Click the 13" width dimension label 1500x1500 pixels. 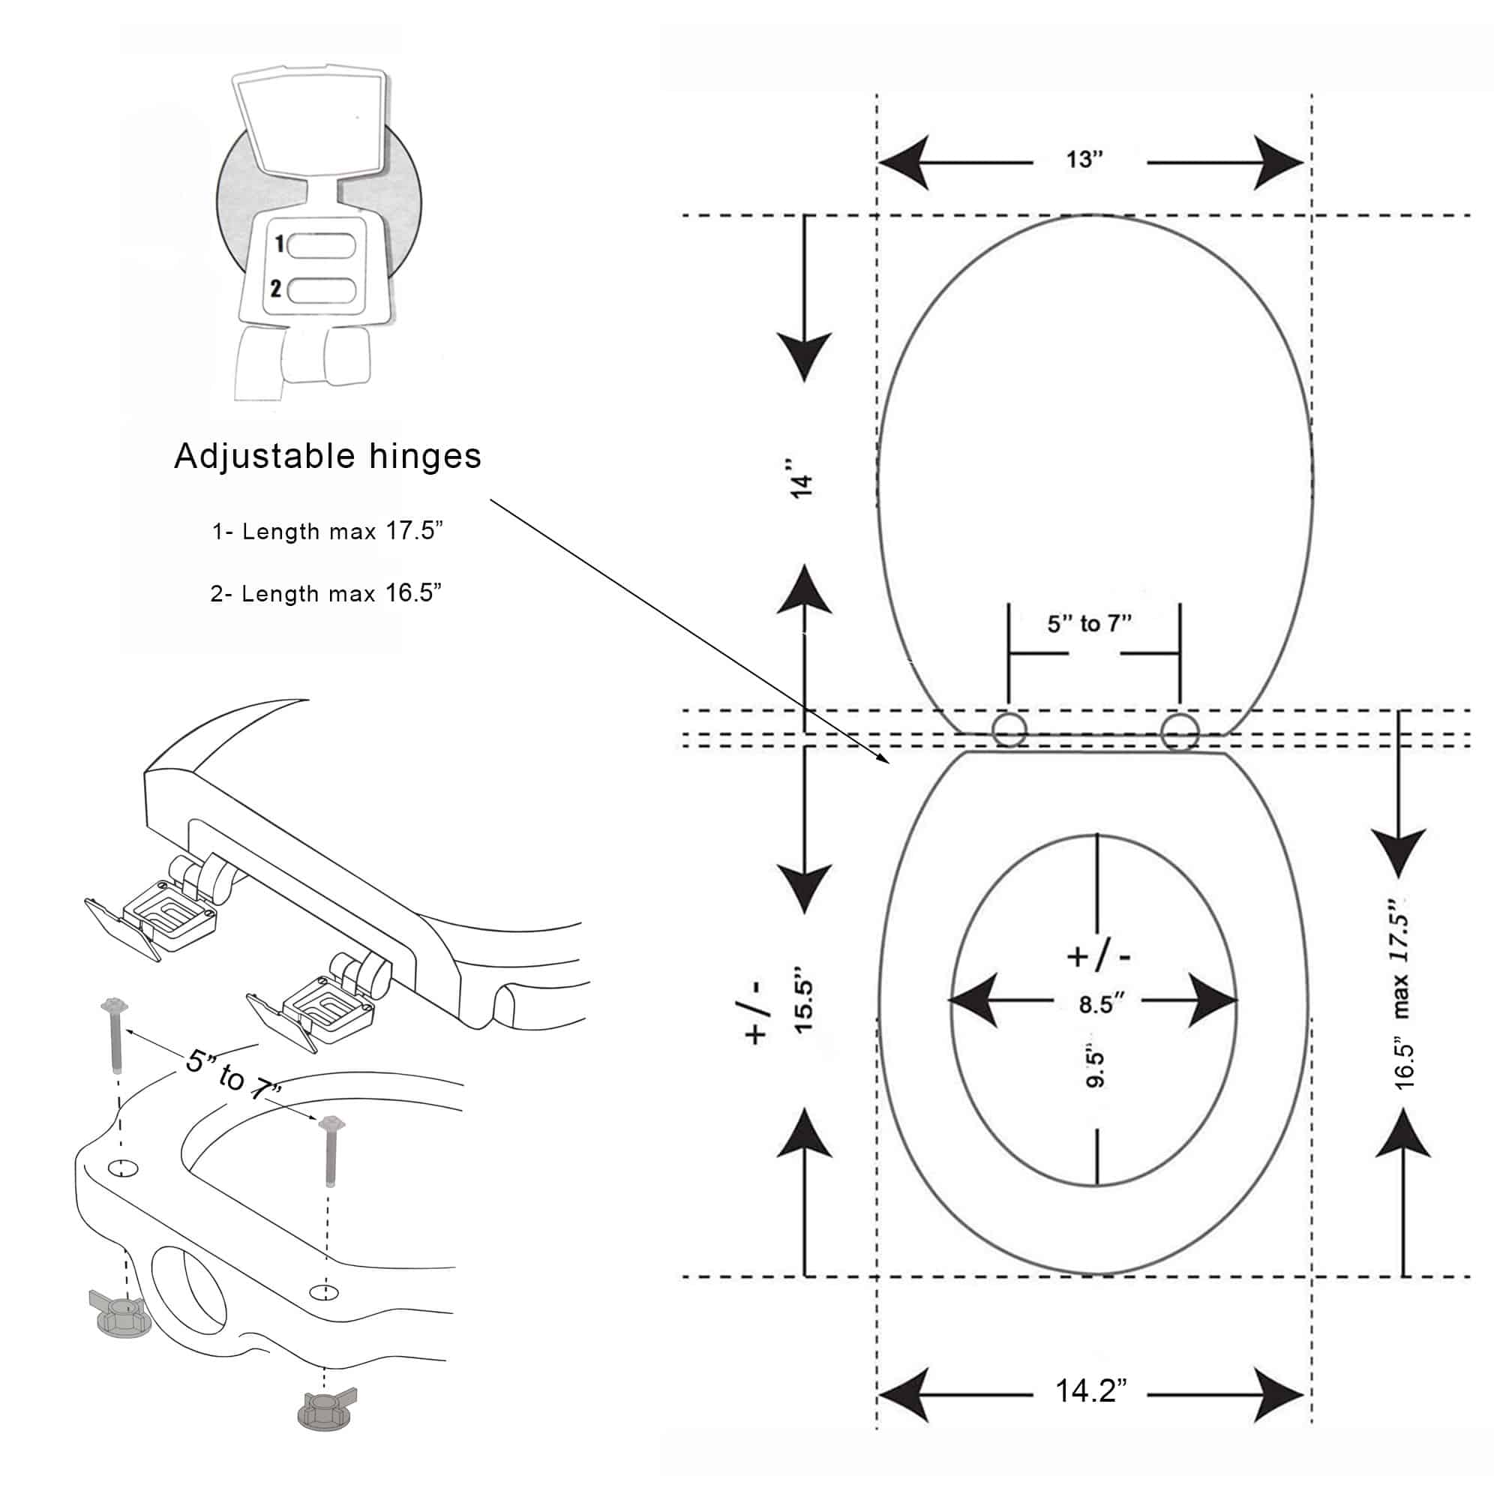pos(1084,160)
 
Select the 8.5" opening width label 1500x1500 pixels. pos(1101,1004)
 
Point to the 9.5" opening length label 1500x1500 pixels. pos(1096,1068)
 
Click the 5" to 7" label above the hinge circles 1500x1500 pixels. pos(1089,623)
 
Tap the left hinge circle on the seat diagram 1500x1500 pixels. pos(1009,730)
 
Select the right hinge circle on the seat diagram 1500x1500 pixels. pos(1178,730)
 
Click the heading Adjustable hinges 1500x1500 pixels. pos(328,456)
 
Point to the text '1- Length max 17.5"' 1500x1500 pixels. pos(328,532)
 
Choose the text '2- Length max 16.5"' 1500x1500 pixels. pos(326,594)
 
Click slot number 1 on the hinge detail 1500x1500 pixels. pos(321,245)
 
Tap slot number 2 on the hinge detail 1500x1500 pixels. pos(321,290)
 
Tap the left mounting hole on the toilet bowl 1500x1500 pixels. pos(123,1168)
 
